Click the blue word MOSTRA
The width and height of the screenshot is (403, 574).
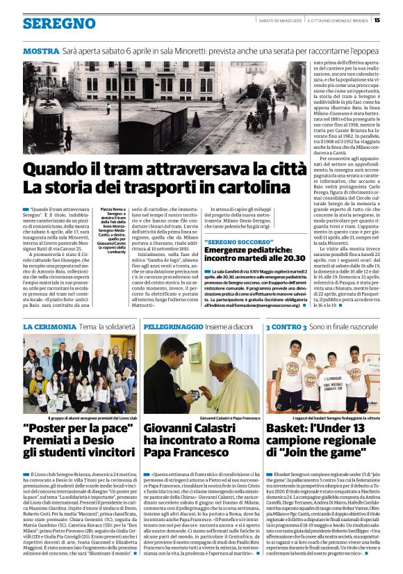tap(41, 52)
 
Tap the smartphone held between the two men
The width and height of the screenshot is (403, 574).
tap(196, 394)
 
